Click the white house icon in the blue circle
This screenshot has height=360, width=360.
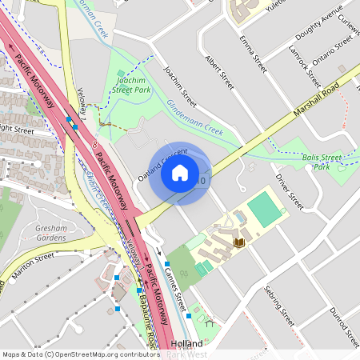[180, 172]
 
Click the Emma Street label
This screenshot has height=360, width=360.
[253, 48]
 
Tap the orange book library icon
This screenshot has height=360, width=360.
[238, 241]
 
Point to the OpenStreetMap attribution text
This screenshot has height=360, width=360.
[81, 354]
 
